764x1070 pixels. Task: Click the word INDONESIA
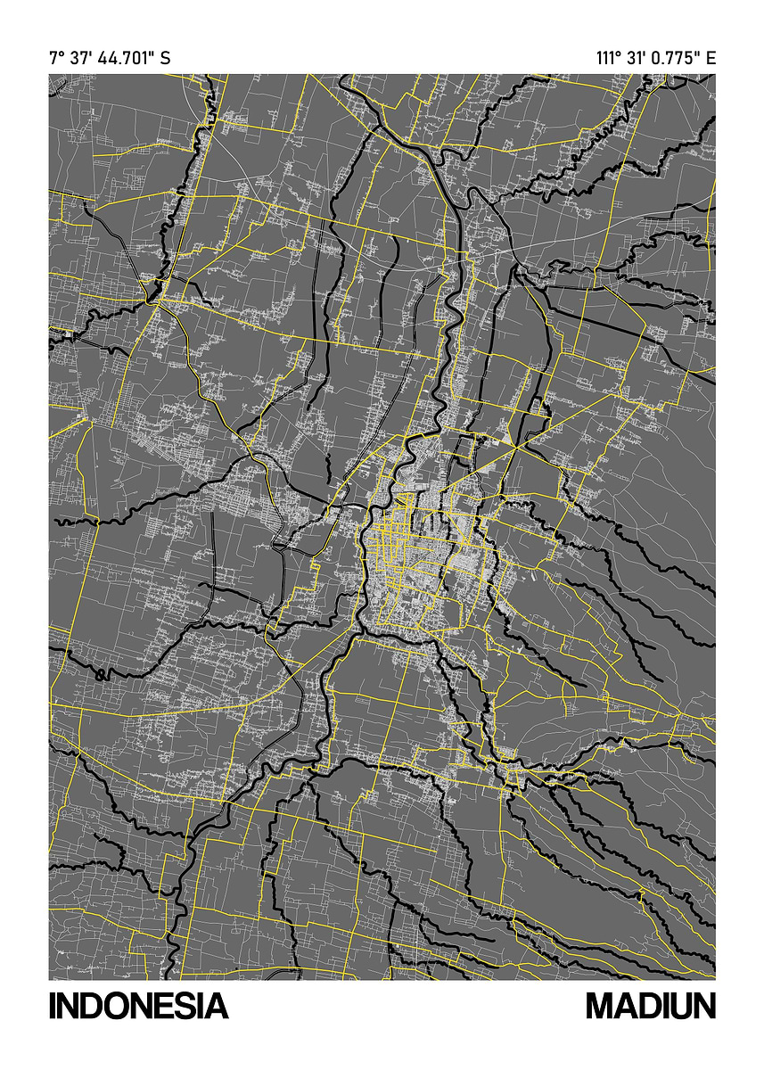tap(138, 1006)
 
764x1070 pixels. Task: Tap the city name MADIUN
tap(651, 1006)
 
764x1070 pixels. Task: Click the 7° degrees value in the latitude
tap(55, 59)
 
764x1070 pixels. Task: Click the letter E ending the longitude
tap(711, 59)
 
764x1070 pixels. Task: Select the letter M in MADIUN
tap(599, 1006)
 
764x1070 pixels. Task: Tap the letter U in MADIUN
tap(678, 1006)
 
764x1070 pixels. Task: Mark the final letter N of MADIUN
tap(703, 1006)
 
